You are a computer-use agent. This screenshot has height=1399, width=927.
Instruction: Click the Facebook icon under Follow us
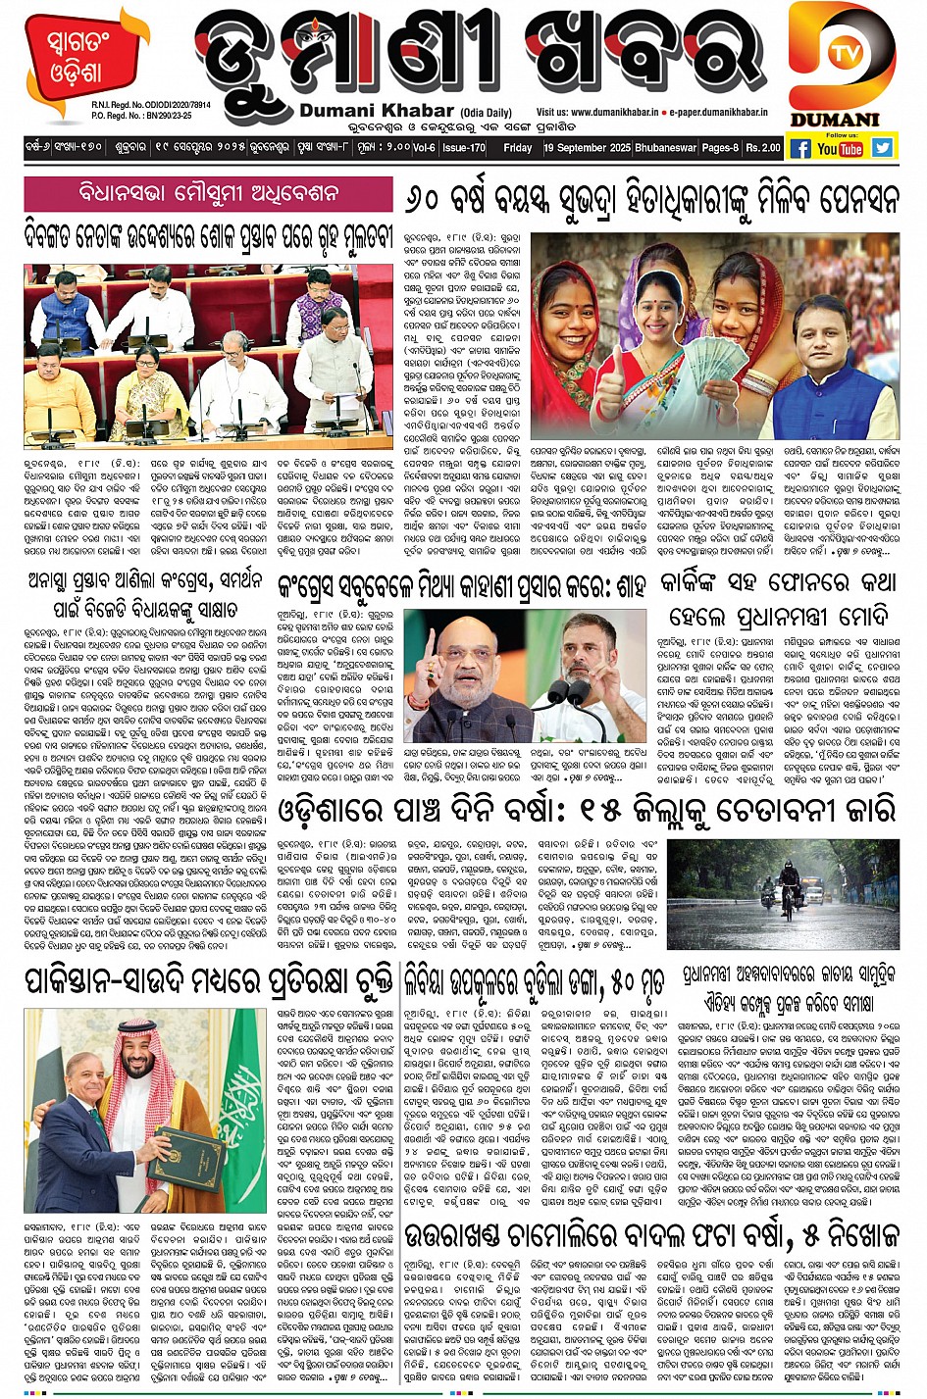800,148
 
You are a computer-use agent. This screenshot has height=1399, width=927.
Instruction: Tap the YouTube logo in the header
840,148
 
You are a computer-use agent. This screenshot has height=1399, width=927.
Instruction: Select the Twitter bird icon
883,148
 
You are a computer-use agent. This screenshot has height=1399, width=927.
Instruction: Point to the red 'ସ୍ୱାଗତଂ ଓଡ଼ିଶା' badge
75,59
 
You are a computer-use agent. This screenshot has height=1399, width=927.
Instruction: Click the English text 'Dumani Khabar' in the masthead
377,111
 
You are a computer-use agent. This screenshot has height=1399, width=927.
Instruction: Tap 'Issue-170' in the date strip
464,148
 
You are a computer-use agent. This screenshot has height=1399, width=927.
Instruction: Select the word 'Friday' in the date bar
517,148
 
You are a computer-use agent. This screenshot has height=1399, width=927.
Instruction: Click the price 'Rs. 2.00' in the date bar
763,148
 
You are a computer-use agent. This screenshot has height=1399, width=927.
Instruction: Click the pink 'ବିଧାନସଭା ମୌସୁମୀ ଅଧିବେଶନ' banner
208,193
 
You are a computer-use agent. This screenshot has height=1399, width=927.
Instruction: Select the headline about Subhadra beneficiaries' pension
650,201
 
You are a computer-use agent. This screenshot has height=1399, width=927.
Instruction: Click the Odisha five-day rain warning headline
587,810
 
